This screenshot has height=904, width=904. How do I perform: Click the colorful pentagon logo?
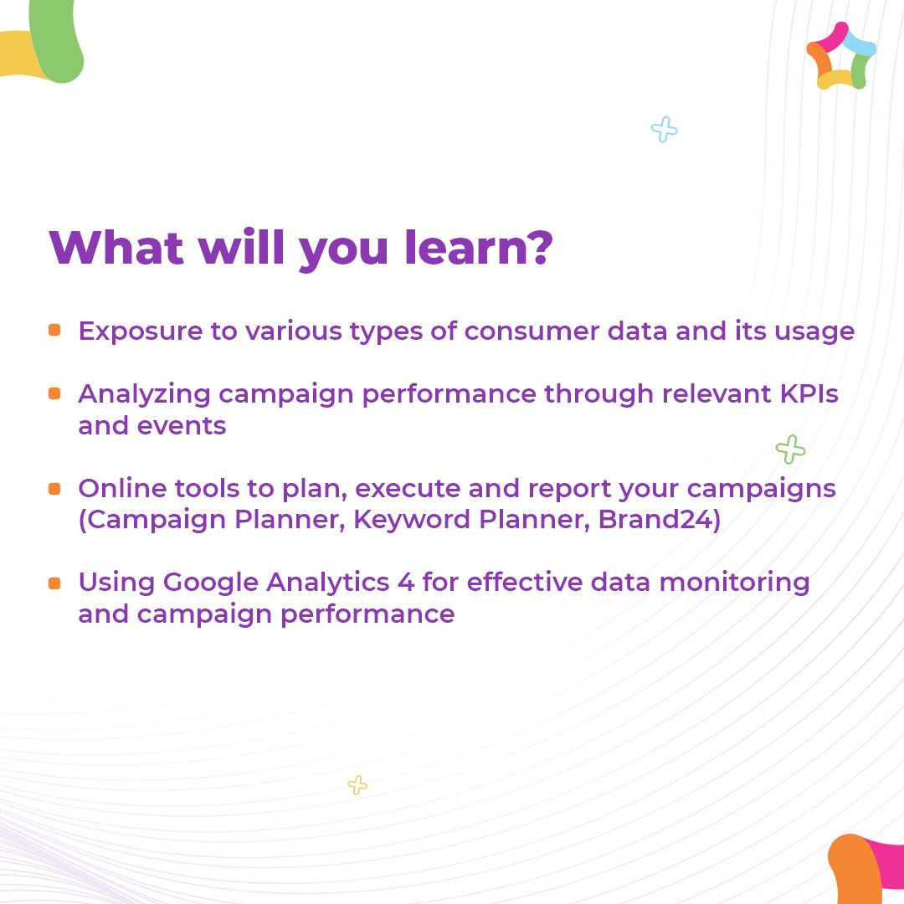(x=840, y=56)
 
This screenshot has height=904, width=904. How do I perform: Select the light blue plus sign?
(x=664, y=130)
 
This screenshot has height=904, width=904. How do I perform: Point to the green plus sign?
(x=790, y=450)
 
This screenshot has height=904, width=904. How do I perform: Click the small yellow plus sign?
(x=357, y=785)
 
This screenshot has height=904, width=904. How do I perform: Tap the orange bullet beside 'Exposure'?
(x=54, y=331)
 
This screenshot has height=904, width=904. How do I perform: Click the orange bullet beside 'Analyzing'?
(x=54, y=393)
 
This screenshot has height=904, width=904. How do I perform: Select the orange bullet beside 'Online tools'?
(x=54, y=488)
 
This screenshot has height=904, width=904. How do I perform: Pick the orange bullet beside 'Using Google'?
(x=54, y=583)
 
